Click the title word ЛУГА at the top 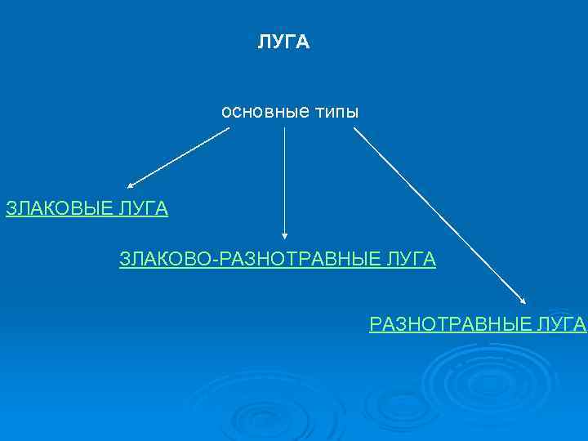283,42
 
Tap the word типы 333,111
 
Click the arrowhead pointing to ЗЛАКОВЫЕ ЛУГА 131,186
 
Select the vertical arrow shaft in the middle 284,180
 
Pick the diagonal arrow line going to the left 180,157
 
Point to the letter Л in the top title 264,42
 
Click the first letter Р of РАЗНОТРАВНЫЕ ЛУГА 375,324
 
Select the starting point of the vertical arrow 284,127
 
